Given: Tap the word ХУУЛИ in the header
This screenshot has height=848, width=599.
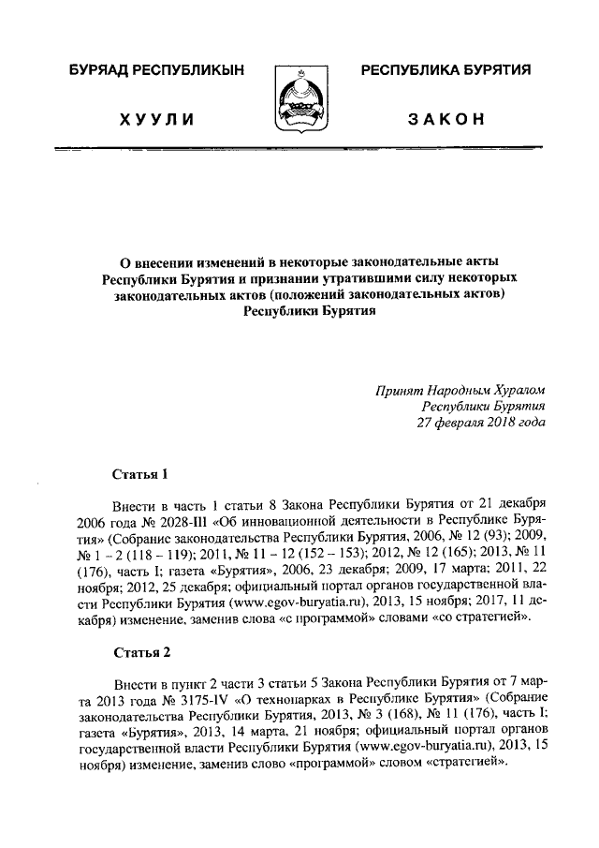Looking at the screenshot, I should coord(155,119).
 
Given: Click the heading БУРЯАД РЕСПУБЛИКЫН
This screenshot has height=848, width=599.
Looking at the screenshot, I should coord(156,70).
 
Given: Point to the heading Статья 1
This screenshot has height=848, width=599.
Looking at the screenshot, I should coord(139,474).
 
